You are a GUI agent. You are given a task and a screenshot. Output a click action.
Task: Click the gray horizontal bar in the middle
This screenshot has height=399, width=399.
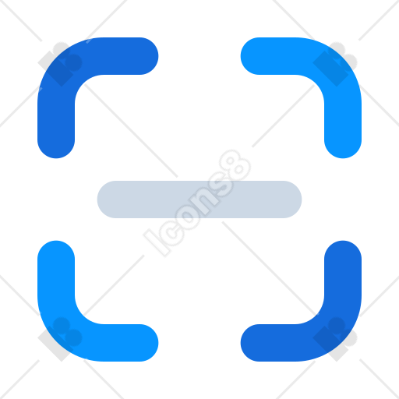click(199, 199)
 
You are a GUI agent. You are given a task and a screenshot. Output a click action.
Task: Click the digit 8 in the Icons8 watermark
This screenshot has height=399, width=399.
click(235, 165)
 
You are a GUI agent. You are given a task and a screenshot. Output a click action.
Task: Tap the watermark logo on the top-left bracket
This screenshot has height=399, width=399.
click(60, 64)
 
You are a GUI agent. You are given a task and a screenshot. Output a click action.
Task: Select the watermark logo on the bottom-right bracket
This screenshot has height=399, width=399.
click(335, 339)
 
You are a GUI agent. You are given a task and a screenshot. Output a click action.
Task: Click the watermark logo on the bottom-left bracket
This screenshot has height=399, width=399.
click(60, 339)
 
